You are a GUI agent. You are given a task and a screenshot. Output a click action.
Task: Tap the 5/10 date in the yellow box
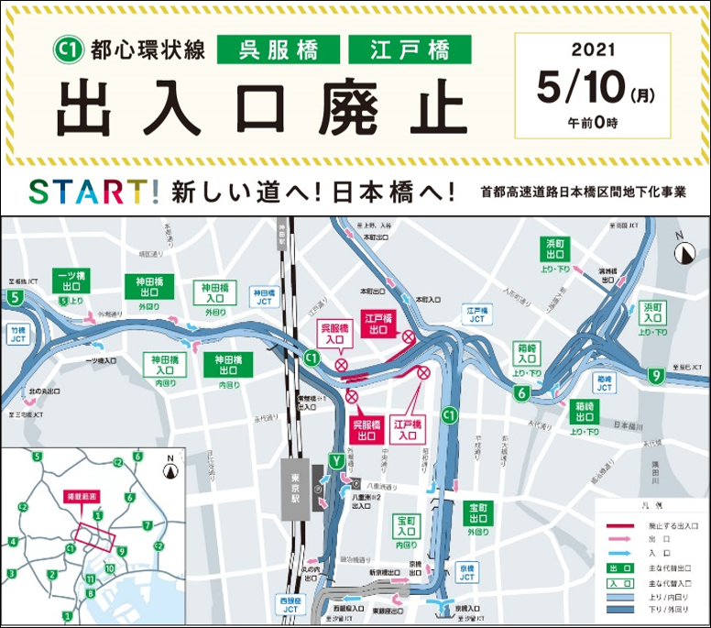(x=581, y=89)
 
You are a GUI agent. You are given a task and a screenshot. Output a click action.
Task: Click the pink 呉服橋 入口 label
(x=335, y=333)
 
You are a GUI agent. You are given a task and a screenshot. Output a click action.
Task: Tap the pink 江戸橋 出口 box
(x=377, y=325)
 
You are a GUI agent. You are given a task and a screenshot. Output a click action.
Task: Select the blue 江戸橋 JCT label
(x=475, y=315)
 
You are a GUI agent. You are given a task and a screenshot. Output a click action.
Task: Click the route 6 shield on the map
(x=520, y=394)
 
